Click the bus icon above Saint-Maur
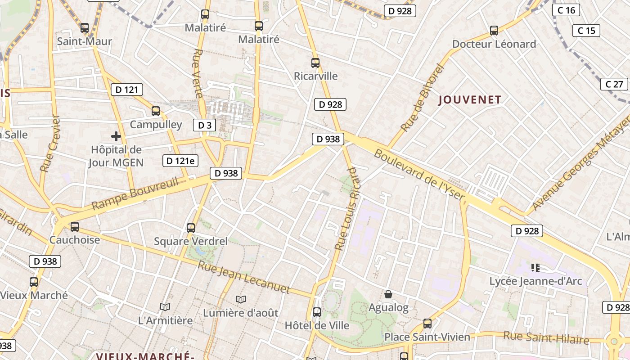click(x=85, y=28)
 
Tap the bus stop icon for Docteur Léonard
click(x=494, y=31)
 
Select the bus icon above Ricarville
click(x=315, y=63)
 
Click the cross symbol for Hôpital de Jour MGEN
click(x=116, y=136)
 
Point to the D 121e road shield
click(x=180, y=161)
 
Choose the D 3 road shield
click(x=205, y=125)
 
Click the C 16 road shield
click(x=566, y=10)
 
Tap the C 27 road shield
click(x=614, y=84)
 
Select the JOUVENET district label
click(x=470, y=100)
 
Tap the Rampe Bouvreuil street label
click(x=135, y=193)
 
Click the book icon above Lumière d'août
click(x=241, y=299)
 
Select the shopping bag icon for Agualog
click(x=388, y=294)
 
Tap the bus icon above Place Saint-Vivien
click(x=427, y=324)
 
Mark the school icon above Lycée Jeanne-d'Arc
click(x=535, y=268)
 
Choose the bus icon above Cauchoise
click(x=75, y=226)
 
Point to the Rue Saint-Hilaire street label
click(x=546, y=337)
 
